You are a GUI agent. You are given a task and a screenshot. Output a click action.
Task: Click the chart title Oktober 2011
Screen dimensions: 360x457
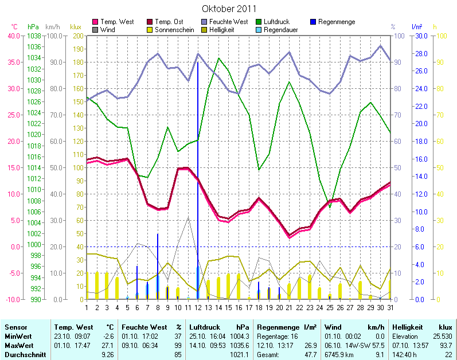click(229, 9)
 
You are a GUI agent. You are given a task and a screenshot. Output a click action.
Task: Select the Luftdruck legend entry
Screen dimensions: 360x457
click(277, 22)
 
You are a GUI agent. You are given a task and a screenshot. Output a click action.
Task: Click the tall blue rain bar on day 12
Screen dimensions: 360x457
click(198, 172)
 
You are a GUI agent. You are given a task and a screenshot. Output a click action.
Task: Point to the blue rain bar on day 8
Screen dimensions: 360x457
click(158, 264)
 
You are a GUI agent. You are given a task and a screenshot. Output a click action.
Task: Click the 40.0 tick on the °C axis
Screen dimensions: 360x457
click(12, 36)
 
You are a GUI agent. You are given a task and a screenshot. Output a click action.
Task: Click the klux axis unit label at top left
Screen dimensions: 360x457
click(76, 27)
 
